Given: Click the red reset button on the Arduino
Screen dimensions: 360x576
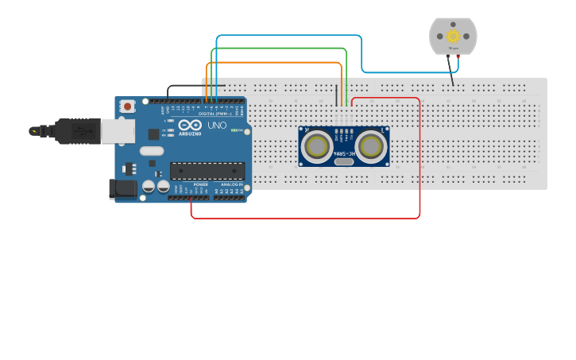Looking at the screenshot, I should tap(126, 106).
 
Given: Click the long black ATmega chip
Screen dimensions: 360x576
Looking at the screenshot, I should tap(207, 170).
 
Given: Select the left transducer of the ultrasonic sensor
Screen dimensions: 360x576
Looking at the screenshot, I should tap(317, 146).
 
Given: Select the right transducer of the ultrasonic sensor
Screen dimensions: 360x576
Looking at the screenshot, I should tap(370, 146).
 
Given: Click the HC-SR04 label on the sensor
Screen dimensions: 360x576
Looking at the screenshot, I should tap(344, 153).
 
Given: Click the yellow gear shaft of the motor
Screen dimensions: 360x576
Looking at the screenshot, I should tap(453, 36).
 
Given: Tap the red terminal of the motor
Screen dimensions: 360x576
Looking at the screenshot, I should tap(458, 57).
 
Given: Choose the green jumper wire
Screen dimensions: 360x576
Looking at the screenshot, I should tap(278, 48).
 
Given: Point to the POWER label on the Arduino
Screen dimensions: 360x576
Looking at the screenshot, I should tap(200, 184).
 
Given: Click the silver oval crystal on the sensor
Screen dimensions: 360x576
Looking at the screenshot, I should tap(344, 161).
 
